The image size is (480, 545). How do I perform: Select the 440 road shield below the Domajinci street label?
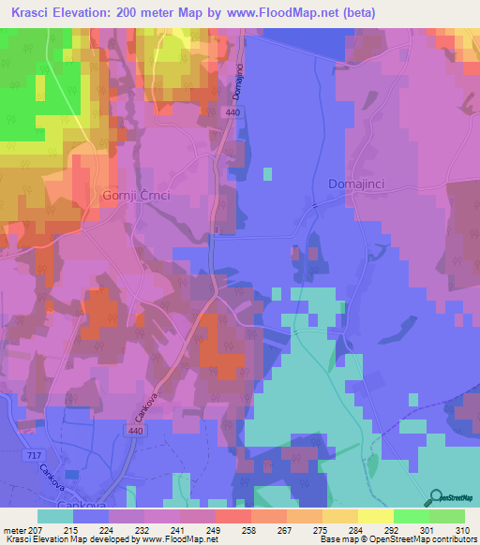[x=232, y=112]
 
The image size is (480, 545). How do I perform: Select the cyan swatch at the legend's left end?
[x=55, y=516]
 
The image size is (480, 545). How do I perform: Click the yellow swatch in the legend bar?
[x=376, y=516]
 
